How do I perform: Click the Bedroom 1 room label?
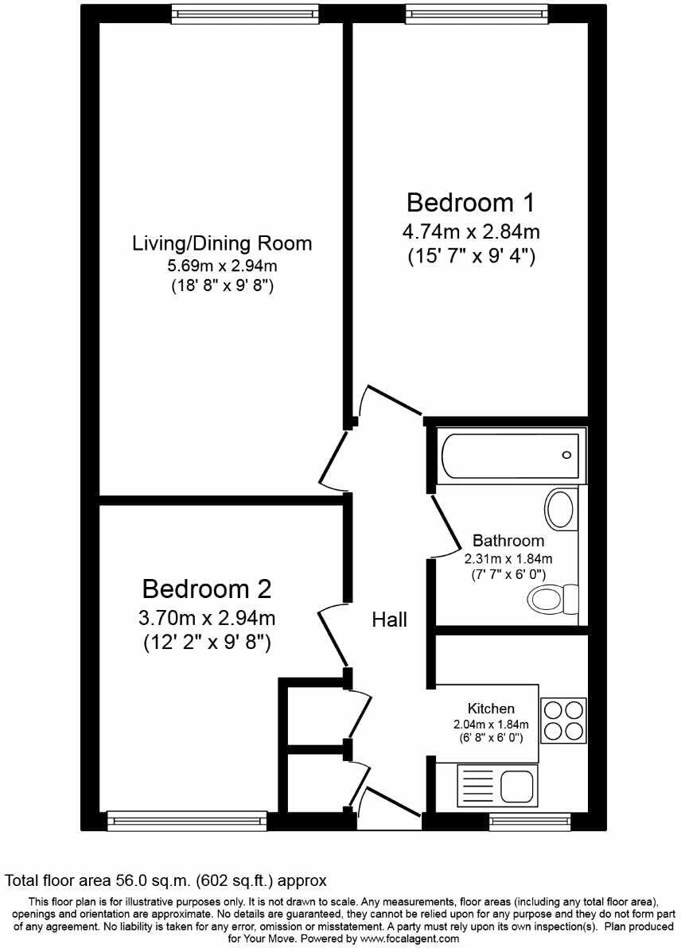pyautogui.click(x=470, y=203)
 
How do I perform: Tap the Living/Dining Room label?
pyautogui.click(x=222, y=243)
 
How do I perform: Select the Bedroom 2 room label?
pyautogui.click(x=207, y=589)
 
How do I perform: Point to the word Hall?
pyautogui.click(x=390, y=620)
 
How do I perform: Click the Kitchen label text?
pyautogui.click(x=490, y=708)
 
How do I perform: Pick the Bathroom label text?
pyautogui.click(x=508, y=541)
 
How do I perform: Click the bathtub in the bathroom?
pyautogui.click(x=512, y=456)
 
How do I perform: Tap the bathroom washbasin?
pyautogui.click(x=562, y=509)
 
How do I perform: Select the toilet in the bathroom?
pyautogui.click(x=555, y=598)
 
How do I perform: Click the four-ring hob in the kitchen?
pyautogui.click(x=563, y=719)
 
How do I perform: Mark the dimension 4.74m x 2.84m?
pyautogui.click(x=470, y=232)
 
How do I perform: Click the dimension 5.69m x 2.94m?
pyautogui.click(x=222, y=266)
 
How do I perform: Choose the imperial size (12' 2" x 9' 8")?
pyautogui.click(x=207, y=642)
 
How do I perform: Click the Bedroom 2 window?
pyautogui.click(x=187, y=821)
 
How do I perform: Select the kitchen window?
pyautogui.click(x=531, y=821)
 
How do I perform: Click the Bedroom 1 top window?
pyautogui.click(x=476, y=12)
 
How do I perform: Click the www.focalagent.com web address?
pyautogui.click(x=403, y=939)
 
